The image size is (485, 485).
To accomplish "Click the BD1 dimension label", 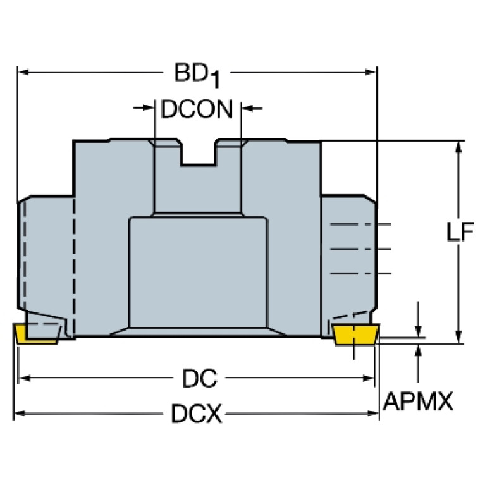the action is point(197,75).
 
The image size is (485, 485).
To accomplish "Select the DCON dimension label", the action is point(197,109).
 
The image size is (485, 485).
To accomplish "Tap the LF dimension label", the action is point(460,231).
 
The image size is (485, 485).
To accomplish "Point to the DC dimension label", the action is point(200,378).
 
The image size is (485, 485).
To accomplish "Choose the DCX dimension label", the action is point(197,414).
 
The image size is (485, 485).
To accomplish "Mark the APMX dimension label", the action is point(418,401).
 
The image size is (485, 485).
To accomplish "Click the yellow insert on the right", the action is point(356,335).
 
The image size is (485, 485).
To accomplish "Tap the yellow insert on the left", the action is point(36,334).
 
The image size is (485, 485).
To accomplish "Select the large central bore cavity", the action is point(198,272).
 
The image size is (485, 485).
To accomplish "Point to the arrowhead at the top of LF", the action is point(458,147).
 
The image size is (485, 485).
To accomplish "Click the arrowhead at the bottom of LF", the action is point(458,337).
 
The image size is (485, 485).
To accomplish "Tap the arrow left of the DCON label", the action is point(144,108).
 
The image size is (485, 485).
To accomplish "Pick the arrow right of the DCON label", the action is point(252,108).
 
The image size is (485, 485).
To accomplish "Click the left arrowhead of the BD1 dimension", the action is point(24,72).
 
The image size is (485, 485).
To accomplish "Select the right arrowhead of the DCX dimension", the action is point(372,414).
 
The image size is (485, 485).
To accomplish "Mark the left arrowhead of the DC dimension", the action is point(25,378).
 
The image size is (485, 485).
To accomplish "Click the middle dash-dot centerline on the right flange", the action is point(360,249).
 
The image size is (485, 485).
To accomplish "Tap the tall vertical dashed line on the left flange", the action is point(74,267).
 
